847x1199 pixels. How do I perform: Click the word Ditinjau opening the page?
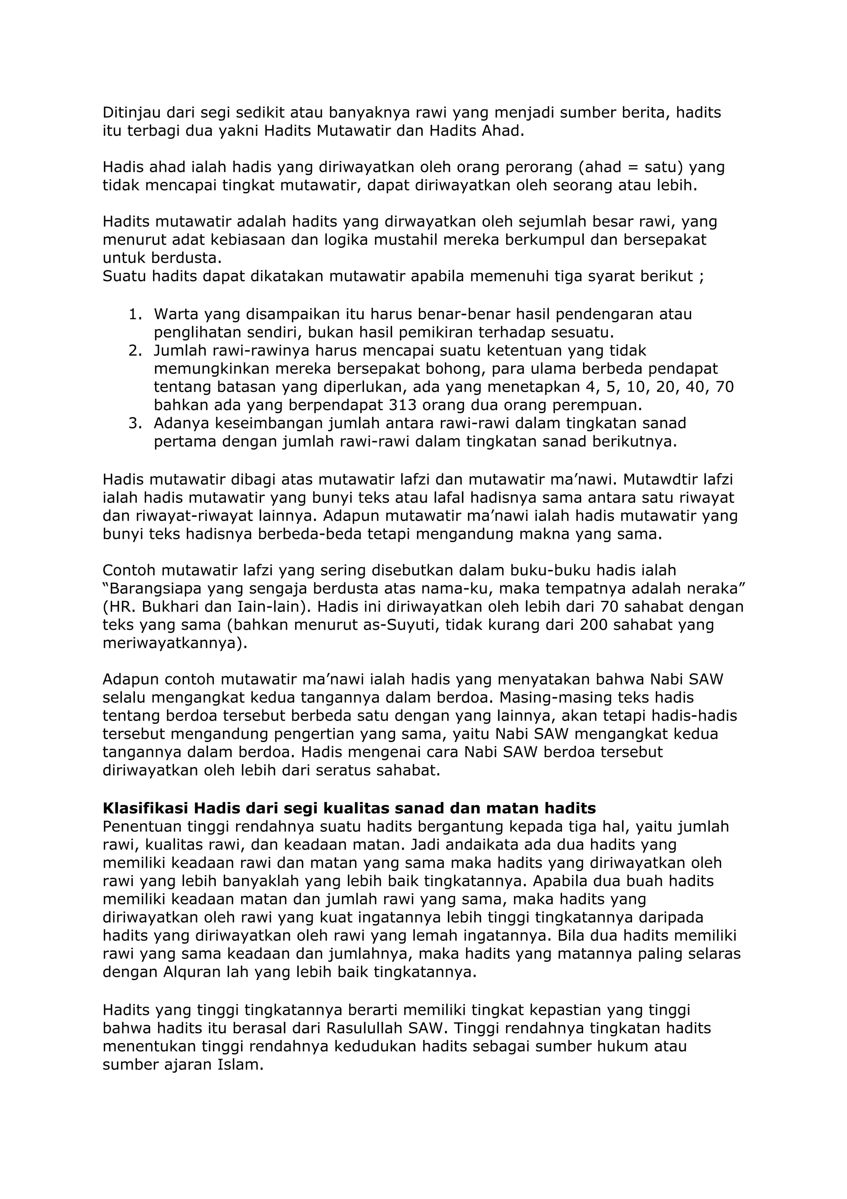tap(132, 113)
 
